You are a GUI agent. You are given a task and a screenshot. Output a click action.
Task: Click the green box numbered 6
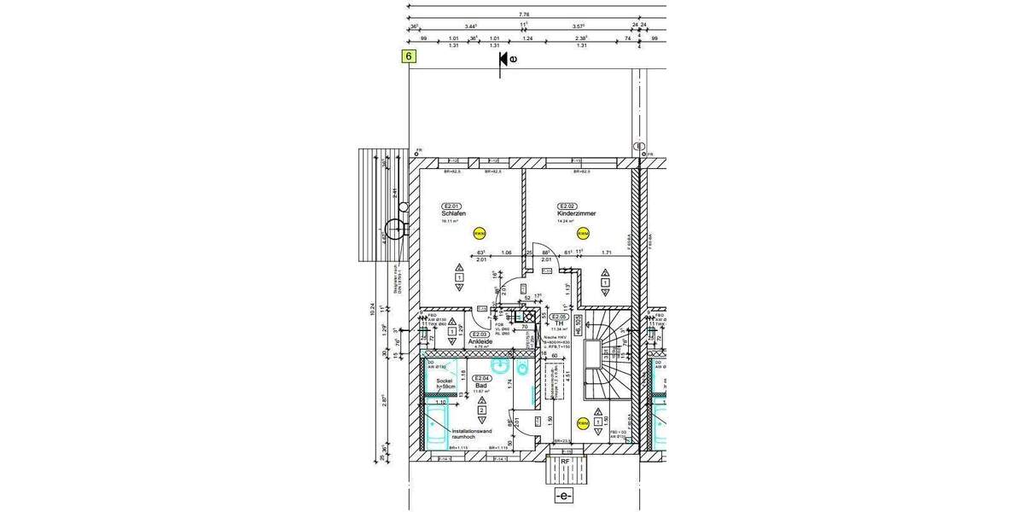[x=410, y=57]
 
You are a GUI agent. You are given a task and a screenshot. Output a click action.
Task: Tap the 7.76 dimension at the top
[x=523, y=15]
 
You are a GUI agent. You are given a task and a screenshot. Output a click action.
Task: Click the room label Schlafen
[x=453, y=213]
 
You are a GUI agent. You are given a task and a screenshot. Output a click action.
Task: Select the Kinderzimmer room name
[x=574, y=213]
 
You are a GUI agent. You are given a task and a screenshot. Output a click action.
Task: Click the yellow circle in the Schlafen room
[x=479, y=233]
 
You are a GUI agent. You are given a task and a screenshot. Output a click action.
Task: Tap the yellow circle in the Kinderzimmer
[x=584, y=233]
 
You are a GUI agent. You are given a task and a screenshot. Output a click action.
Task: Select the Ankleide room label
[x=480, y=341]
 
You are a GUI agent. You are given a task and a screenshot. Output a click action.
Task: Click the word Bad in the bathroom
[x=481, y=386]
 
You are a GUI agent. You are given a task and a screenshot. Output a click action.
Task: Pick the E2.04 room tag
[x=481, y=378]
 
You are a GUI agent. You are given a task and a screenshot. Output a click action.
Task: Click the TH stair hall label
[x=560, y=323]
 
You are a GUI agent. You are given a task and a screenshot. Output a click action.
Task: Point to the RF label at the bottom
[x=563, y=462]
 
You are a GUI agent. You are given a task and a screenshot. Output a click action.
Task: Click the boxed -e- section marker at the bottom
[x=563, y=496]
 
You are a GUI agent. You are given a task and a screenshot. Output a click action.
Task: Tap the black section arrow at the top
[x=504, y=58]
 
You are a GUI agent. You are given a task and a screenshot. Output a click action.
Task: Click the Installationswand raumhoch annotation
[x=472, y=434]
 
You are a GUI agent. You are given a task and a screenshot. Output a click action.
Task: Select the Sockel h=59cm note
[x=446, y=384]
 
